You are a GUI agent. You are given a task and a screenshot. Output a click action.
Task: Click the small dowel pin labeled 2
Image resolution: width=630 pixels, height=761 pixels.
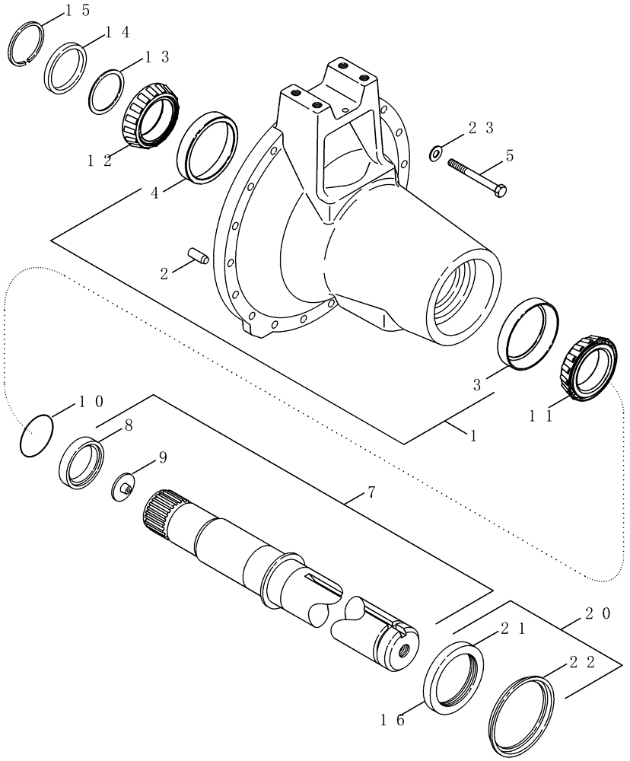click(x=198, y=256)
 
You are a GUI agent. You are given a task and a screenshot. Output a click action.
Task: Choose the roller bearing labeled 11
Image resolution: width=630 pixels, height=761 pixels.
click(x=586, y=367)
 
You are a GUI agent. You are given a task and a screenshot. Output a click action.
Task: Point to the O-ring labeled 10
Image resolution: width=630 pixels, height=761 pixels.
click(x=37, y=437)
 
